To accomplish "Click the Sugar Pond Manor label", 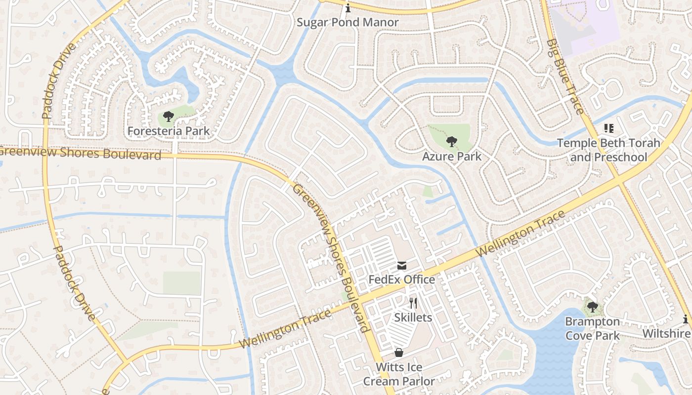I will click(347, 22).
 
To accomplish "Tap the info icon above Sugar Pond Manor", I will click(348, 8).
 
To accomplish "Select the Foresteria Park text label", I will click(169, 131).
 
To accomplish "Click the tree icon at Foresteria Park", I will click(169, 117).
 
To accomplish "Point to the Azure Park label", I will click(451, 157).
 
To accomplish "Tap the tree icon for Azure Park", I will click(451, 142).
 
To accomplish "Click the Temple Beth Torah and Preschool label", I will click(608, 150).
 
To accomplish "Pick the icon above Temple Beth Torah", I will click(608, 129).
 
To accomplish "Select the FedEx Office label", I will click(402, 279).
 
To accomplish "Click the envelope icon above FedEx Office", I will click(402, 266).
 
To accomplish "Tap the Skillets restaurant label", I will click(413, 317).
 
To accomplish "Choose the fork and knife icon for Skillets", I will click(414, 303).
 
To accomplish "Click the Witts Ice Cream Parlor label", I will click(399, 374).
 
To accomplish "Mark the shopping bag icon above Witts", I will click(399, 353).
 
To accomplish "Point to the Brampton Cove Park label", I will click(592, 328).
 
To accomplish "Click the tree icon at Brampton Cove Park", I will click(592, 307).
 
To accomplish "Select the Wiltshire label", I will click(666, 334).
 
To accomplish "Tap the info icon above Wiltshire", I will click(686, 319).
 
